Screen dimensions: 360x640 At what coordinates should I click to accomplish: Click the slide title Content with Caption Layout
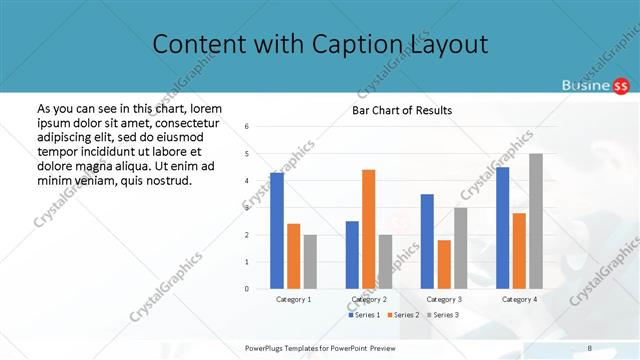(x=320, y=45)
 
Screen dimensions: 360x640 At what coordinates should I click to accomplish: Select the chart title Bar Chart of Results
(x=402, y=110)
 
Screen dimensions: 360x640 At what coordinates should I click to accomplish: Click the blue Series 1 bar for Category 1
(x=277, y=230)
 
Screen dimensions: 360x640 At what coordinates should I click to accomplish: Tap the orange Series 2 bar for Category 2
(x=368, y=229)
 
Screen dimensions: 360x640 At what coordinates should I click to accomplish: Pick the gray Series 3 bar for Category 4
(x=536, y=221)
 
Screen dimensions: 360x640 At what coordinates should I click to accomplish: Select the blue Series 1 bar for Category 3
(x=427, y=241)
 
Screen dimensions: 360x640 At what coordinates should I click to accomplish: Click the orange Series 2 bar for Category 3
(x=443, y=264)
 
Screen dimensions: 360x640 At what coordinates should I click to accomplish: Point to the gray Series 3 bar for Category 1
(x=310, y=262)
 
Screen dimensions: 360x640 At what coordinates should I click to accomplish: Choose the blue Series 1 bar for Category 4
(x=502, y=228)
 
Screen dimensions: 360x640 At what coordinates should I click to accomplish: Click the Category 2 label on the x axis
(x=369, y=299)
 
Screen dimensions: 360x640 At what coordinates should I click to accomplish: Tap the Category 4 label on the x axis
(x=519, y=299)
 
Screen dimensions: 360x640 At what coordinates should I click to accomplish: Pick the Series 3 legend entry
(x=444, y=315)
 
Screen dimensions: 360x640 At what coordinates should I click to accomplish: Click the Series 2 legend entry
(x=404, y=315)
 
